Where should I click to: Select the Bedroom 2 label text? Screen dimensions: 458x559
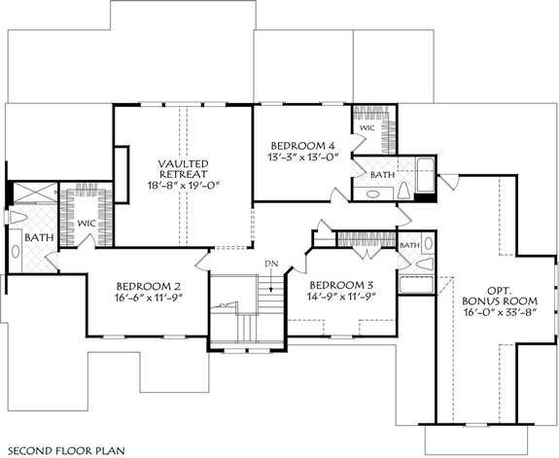[149, 285]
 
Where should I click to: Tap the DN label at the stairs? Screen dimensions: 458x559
[273, 264]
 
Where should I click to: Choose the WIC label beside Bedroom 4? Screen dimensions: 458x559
[367, 127]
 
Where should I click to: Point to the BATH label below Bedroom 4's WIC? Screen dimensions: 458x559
[382, 174]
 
